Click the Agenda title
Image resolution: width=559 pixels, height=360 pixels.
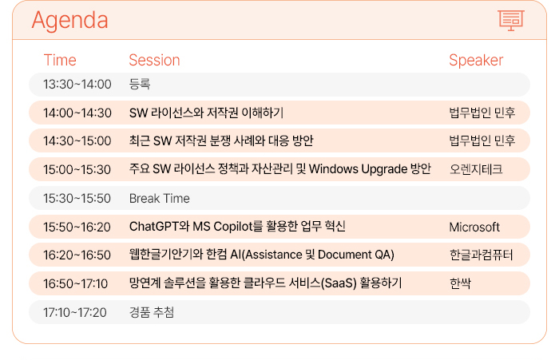coord(70,21)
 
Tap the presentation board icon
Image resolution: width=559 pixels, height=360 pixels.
coord(510,20)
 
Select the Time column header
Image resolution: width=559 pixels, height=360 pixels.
coord(60,60)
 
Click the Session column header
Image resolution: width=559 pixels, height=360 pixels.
coord(154,60)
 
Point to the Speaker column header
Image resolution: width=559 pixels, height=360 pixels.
coord(476,60)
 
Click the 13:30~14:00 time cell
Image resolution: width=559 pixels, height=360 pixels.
coord(77,85)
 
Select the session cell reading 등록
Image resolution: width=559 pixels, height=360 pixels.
coord(140,84)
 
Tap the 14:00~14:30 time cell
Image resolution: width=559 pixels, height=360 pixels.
coord(77,113)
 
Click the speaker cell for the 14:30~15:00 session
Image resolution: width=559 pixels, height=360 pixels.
coord(482,140)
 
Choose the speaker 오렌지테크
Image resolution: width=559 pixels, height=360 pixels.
coord(476,169)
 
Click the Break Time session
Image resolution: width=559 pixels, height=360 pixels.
coord(160,199)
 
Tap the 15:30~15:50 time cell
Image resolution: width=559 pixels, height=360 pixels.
coord(77,199)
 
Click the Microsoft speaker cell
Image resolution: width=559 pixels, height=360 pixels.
coord(474,227)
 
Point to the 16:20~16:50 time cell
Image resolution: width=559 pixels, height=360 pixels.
coord(77,255)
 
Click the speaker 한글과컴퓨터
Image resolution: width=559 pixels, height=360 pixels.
coord(481,255)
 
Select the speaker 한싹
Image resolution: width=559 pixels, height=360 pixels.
coord(460,283)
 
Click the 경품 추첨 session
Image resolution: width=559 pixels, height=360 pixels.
coord(152,312)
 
